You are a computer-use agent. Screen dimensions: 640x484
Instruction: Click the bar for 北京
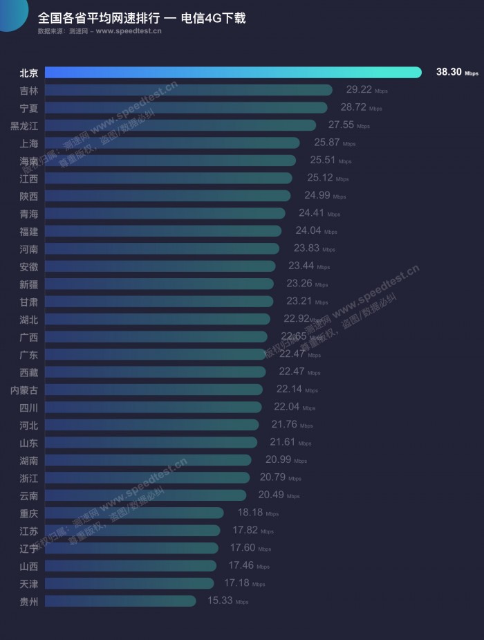coord(233,72)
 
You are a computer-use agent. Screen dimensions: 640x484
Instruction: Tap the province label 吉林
coord(29,90)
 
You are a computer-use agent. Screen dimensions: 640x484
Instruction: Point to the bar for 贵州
coord(120,601)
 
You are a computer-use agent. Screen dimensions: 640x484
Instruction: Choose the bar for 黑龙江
coord(180,125)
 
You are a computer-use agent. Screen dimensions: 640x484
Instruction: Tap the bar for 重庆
coord(134,513)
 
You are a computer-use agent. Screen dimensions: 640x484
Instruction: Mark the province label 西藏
coord(29,372)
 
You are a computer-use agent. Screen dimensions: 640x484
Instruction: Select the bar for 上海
coord(172,143)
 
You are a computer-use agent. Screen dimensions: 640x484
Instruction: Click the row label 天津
coord(29,583)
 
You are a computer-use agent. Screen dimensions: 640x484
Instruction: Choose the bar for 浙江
coord(147,477)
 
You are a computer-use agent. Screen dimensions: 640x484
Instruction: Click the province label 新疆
coord(29,284)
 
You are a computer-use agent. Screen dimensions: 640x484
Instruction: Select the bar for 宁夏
coord(186,107)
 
